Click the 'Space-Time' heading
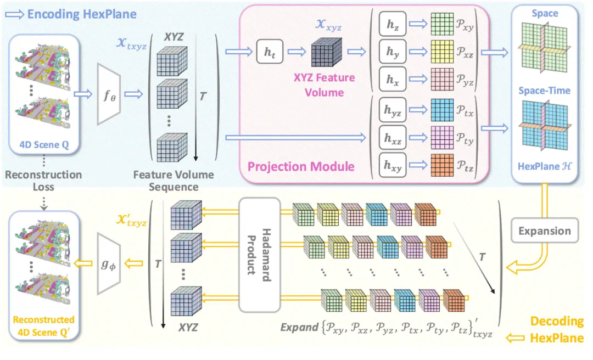(x=544, y=90)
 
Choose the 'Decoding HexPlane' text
(x=556, y=329)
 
